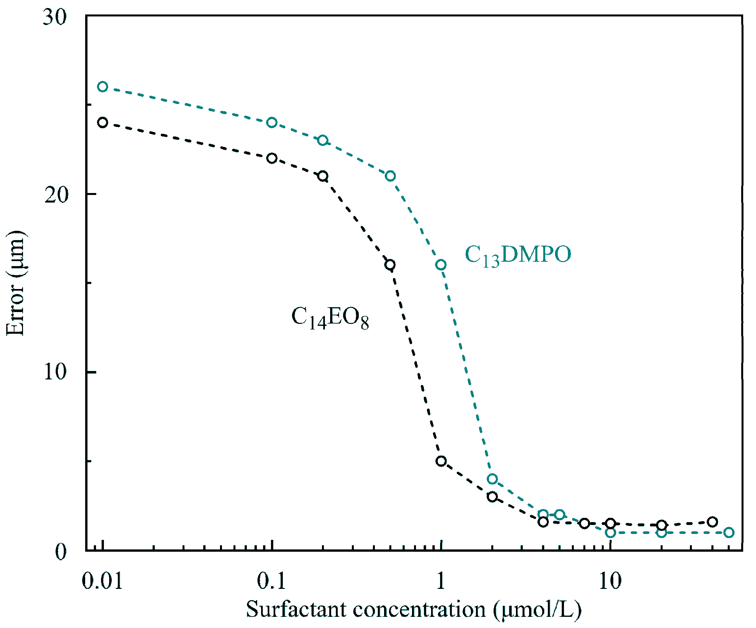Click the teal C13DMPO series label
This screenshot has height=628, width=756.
(518, 255)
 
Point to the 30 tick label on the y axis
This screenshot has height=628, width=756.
(55, 17)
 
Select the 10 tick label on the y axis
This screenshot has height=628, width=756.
(55, 372)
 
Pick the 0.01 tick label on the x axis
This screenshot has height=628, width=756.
(103, 581)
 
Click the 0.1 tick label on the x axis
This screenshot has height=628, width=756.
(271, 581)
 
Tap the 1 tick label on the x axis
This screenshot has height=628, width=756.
(441, 581)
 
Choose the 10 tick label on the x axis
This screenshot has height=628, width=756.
(610, 581)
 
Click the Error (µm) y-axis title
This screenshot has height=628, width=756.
(15, 283)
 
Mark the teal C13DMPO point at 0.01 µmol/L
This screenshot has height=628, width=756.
(103, 87)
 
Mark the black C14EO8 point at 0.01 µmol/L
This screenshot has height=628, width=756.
(103, 123)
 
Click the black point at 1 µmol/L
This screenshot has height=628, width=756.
(441, 461)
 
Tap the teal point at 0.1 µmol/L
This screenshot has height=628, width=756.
(272, 123)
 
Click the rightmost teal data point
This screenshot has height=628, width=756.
(729, 533)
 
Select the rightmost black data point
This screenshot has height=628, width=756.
(712, 522)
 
